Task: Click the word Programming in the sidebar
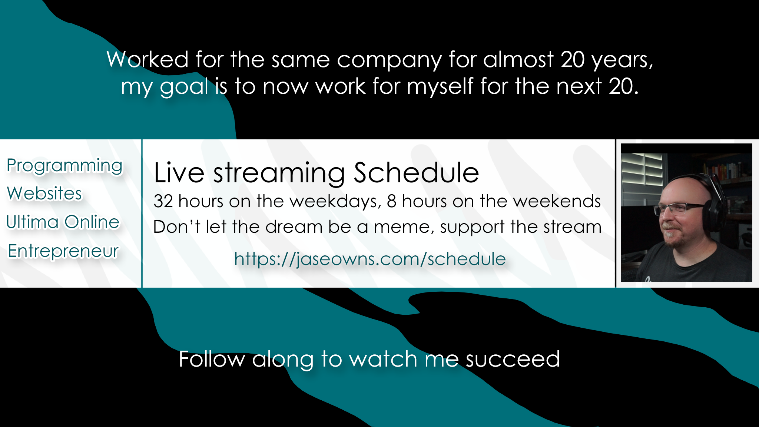coord(64,166)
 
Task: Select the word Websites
coord(44,193)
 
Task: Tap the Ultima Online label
coord(63,222)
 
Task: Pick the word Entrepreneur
coord(63,251)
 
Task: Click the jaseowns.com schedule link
coord(370,259)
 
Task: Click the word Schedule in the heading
coord(416,173)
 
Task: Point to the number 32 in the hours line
coord(163,201)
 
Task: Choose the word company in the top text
coord(389,60)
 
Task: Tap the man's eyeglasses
coord(678,208)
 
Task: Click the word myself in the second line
coord(440,87)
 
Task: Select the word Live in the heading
coord(179,173)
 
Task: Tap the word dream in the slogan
coord(294,227)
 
